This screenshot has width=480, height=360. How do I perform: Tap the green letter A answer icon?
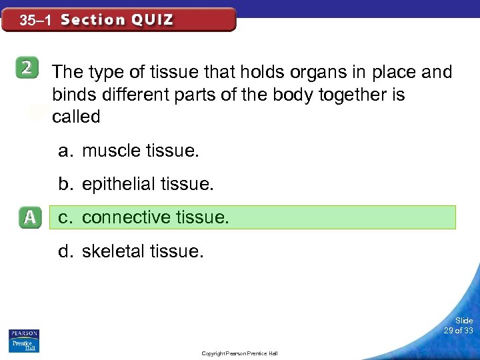tap(29, 218)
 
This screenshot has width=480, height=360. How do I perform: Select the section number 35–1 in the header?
tap(35, 21)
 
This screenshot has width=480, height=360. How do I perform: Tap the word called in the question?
tap(76, 117)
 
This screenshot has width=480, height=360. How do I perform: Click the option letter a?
tap(65, 151)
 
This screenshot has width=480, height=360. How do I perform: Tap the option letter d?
tap(65, 251)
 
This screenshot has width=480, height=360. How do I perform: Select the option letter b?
tap(65, 184)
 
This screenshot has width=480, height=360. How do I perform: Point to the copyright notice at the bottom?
tap(239, 353)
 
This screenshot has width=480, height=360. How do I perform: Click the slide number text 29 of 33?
tap(459, 331)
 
